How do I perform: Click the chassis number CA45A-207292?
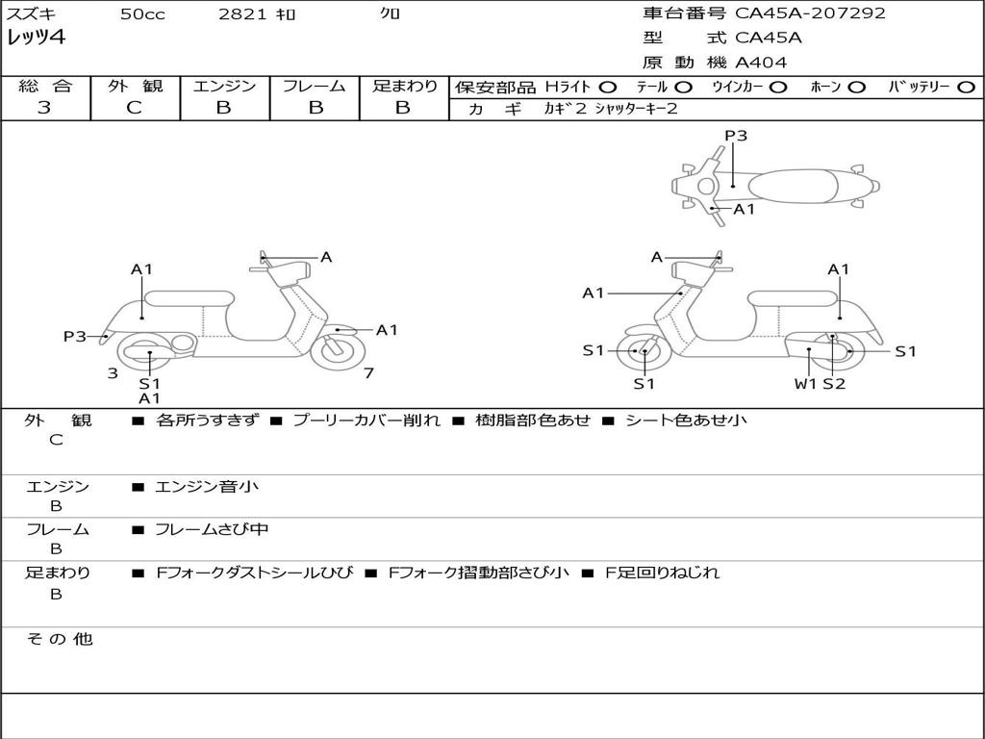[x=810, y=13]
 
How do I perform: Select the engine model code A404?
[x=761, y=63]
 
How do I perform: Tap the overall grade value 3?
[x=44, y=108]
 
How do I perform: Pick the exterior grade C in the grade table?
[x=135, y=108]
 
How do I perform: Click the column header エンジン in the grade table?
[x=224, y=87]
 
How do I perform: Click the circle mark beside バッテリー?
[x=966, y=87]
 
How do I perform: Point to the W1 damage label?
[x=804, y=384]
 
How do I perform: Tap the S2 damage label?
[x=834, y=384]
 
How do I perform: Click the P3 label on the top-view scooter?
[x=736, y=137]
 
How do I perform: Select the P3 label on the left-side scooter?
[x=75, y=336]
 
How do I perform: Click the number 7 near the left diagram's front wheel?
[x=368, y=373]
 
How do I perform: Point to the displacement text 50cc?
[x=142, y=14]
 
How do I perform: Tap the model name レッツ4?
[x=37, y=38]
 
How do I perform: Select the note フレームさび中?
[x=212, y=529]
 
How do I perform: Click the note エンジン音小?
[x=207, y=487]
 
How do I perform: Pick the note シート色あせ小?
[x=686, y=420]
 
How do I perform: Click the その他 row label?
[x=60, y=639]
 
